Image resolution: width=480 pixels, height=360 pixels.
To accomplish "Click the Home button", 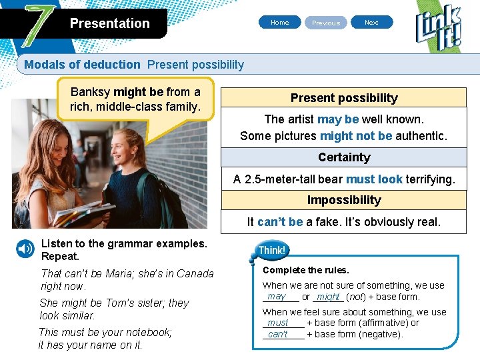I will pyautogui.click(x=280, y=23).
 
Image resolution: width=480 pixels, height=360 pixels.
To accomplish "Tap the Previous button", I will pyautogui.click(x=326, y=23).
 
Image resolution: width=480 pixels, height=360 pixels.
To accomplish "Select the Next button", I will pyautogui.click(x=371, y=23).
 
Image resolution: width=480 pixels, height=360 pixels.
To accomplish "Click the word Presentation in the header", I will pyautogui.click(x=109, y=23).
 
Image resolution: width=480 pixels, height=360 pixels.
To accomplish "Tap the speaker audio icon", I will pyautogui.click(x=25, y=249).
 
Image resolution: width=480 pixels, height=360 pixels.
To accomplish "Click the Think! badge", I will pyautogui.click(x=271, y=251).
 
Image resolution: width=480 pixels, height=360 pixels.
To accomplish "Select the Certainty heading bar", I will pyautogui.click(x=344, y=157).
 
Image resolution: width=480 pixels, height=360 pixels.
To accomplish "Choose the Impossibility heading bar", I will pyautogui.click(x=344, y=200).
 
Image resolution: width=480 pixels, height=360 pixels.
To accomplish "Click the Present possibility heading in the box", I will pyautogui.click(x=344, y=98).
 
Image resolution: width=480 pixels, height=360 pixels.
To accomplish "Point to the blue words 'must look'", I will pyautogui.click(x=374, y=179).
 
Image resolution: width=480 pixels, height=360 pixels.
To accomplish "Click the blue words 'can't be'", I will pyautogui.click(x=280, y=222).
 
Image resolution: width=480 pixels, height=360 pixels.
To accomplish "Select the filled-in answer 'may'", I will pyautogui.click(x=276, y=297).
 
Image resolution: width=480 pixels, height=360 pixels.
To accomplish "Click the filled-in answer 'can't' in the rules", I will pyautogui.click(x=278, y=334).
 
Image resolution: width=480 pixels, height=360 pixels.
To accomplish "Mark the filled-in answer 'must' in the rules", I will pyautogui.click(x=278, y=323).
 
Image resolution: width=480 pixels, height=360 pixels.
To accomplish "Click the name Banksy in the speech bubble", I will pyautogui.click(x=91, y=92).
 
